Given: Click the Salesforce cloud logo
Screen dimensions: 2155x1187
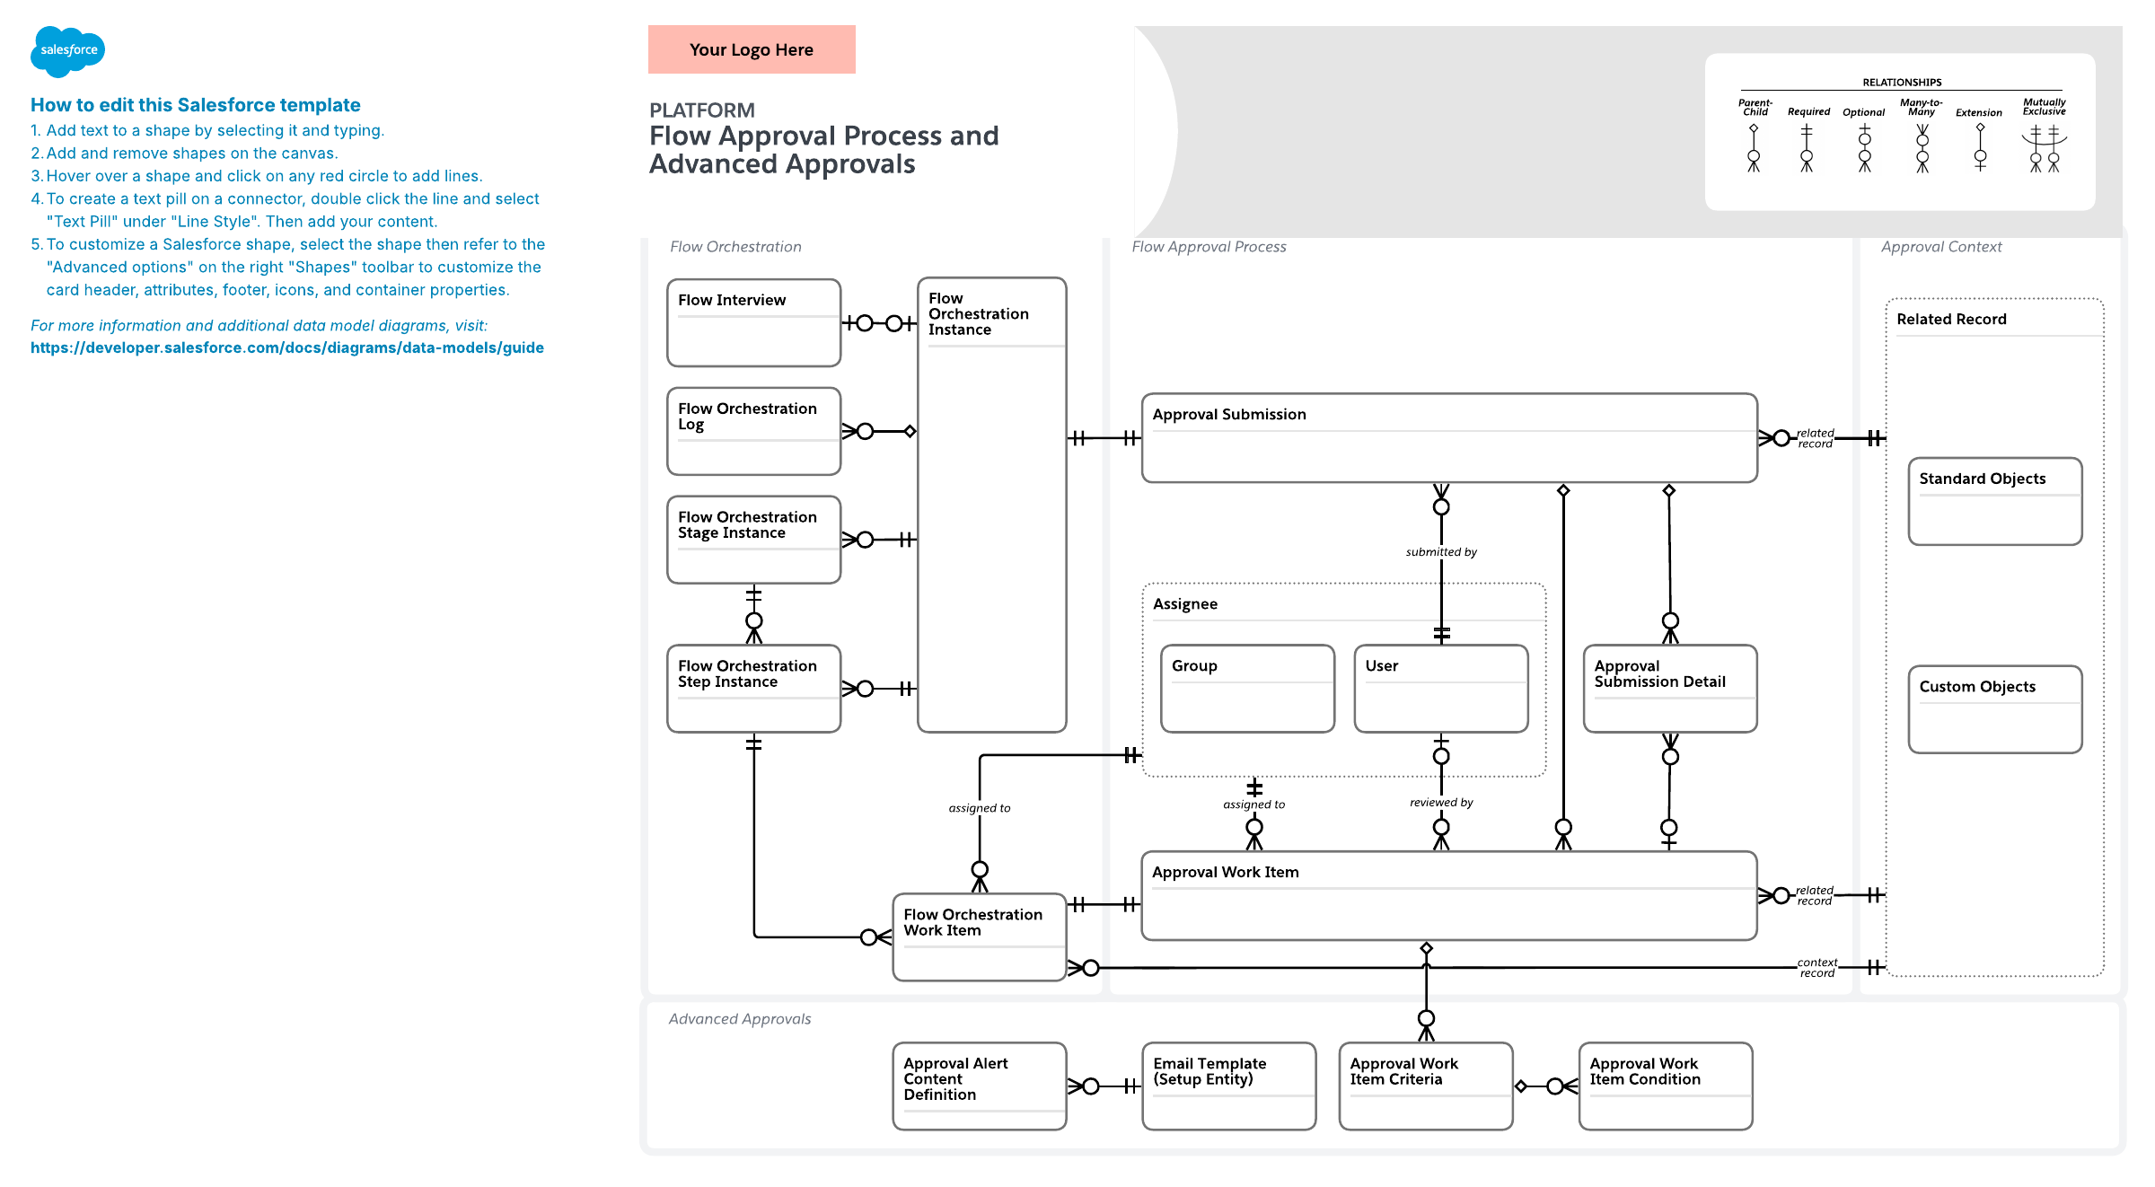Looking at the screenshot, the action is point(67,51).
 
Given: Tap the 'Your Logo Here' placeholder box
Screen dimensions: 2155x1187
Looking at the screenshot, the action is point(752,49).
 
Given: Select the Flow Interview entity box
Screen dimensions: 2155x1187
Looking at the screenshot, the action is point(754,322).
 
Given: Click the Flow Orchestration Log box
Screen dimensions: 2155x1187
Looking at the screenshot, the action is point(754,431).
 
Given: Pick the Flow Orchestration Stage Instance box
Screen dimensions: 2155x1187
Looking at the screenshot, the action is point(754,540).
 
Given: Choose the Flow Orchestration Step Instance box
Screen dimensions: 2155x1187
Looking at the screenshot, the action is point(754,689).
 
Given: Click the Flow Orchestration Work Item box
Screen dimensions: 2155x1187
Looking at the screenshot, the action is point(980,937).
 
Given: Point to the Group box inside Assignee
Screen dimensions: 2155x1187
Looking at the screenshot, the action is point(1248,689).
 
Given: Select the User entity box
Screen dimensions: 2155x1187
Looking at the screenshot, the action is point(1441,689).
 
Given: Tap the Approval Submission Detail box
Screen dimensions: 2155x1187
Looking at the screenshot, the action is point(1670,689).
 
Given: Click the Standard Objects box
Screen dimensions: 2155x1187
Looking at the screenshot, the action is point(1995,501).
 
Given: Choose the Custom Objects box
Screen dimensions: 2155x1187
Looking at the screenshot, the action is point(1995,709).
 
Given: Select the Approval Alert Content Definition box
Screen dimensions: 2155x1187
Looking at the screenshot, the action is point(980,1086).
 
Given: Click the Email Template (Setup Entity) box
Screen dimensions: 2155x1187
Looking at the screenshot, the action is point(1229,1086).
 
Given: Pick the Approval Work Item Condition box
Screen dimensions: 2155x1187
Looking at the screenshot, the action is point(1666,1086).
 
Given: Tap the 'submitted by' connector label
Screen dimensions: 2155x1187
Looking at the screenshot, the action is point(1441,552).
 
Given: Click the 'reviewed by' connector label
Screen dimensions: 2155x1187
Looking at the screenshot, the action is point(1441,803).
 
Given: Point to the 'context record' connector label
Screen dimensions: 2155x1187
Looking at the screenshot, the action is point(1817,968).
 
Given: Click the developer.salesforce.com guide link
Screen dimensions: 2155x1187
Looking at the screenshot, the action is point(287,347).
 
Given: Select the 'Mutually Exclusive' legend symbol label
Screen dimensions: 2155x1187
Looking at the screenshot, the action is point(2044,107).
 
